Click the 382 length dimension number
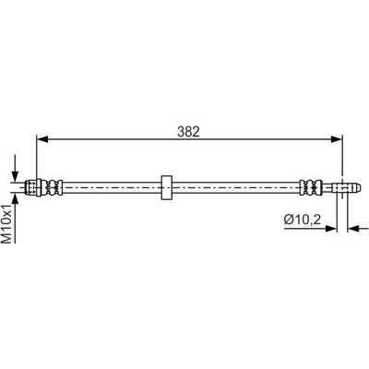188,132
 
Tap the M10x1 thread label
7,223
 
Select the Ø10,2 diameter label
303,220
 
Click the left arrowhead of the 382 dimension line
42,139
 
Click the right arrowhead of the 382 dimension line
336,139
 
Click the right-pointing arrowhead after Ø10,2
331,228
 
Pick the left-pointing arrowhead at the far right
353,228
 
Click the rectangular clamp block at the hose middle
166,187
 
